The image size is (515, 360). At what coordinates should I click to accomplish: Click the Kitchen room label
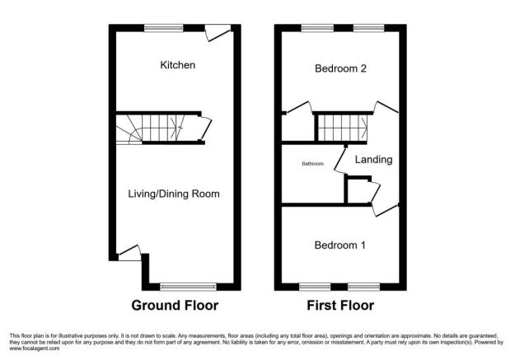pyautogui.click(x=177, y=64)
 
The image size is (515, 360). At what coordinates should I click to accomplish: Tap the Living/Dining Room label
pyautogui.click(x=174, y=194)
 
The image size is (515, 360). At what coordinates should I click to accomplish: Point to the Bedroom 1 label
pyautogui.click(x=340, y=245)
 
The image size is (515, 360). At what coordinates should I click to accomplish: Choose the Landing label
pyautogui.click(x=374, y=160)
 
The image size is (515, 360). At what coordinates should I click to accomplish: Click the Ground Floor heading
pyautogui.click(x=175, y=306)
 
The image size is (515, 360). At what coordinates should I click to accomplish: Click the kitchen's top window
pyautogui.click(x=164, y=28)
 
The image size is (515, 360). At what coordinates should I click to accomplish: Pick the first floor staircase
pyautogui.click(x=341, y=128)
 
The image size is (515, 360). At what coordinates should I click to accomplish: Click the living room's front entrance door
pyautogui.click(x=129, y=254)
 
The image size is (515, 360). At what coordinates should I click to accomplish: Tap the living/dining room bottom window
pyautogui.click(x=188, y=287)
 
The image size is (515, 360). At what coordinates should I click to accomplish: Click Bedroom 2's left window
pyautogui.click(x=311, y=28)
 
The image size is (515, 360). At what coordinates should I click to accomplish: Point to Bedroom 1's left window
pyautogui.click(x=311, y=287)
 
